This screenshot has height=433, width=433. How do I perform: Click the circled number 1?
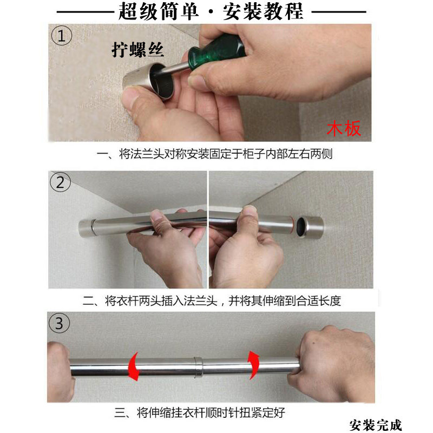62,36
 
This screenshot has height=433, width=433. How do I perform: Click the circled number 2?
60,182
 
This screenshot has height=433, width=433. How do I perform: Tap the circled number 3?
60,324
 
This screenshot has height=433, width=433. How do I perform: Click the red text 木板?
344,129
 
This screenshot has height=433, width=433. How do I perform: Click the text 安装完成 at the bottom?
376,424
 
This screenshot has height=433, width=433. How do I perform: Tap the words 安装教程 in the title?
264,11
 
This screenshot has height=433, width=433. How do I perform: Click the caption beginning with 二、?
212,300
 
